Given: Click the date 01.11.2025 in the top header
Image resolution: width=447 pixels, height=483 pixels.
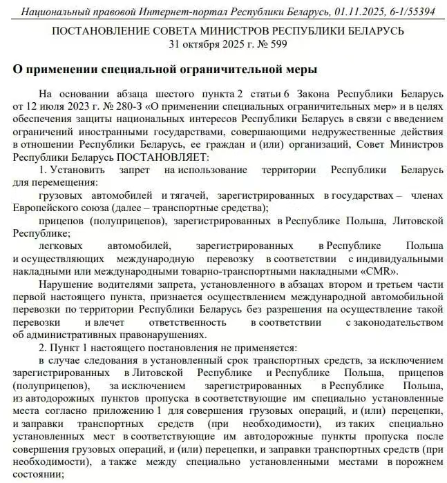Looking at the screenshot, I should click(359, 12).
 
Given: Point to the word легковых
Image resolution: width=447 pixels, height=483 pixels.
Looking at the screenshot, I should click(61, 246).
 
